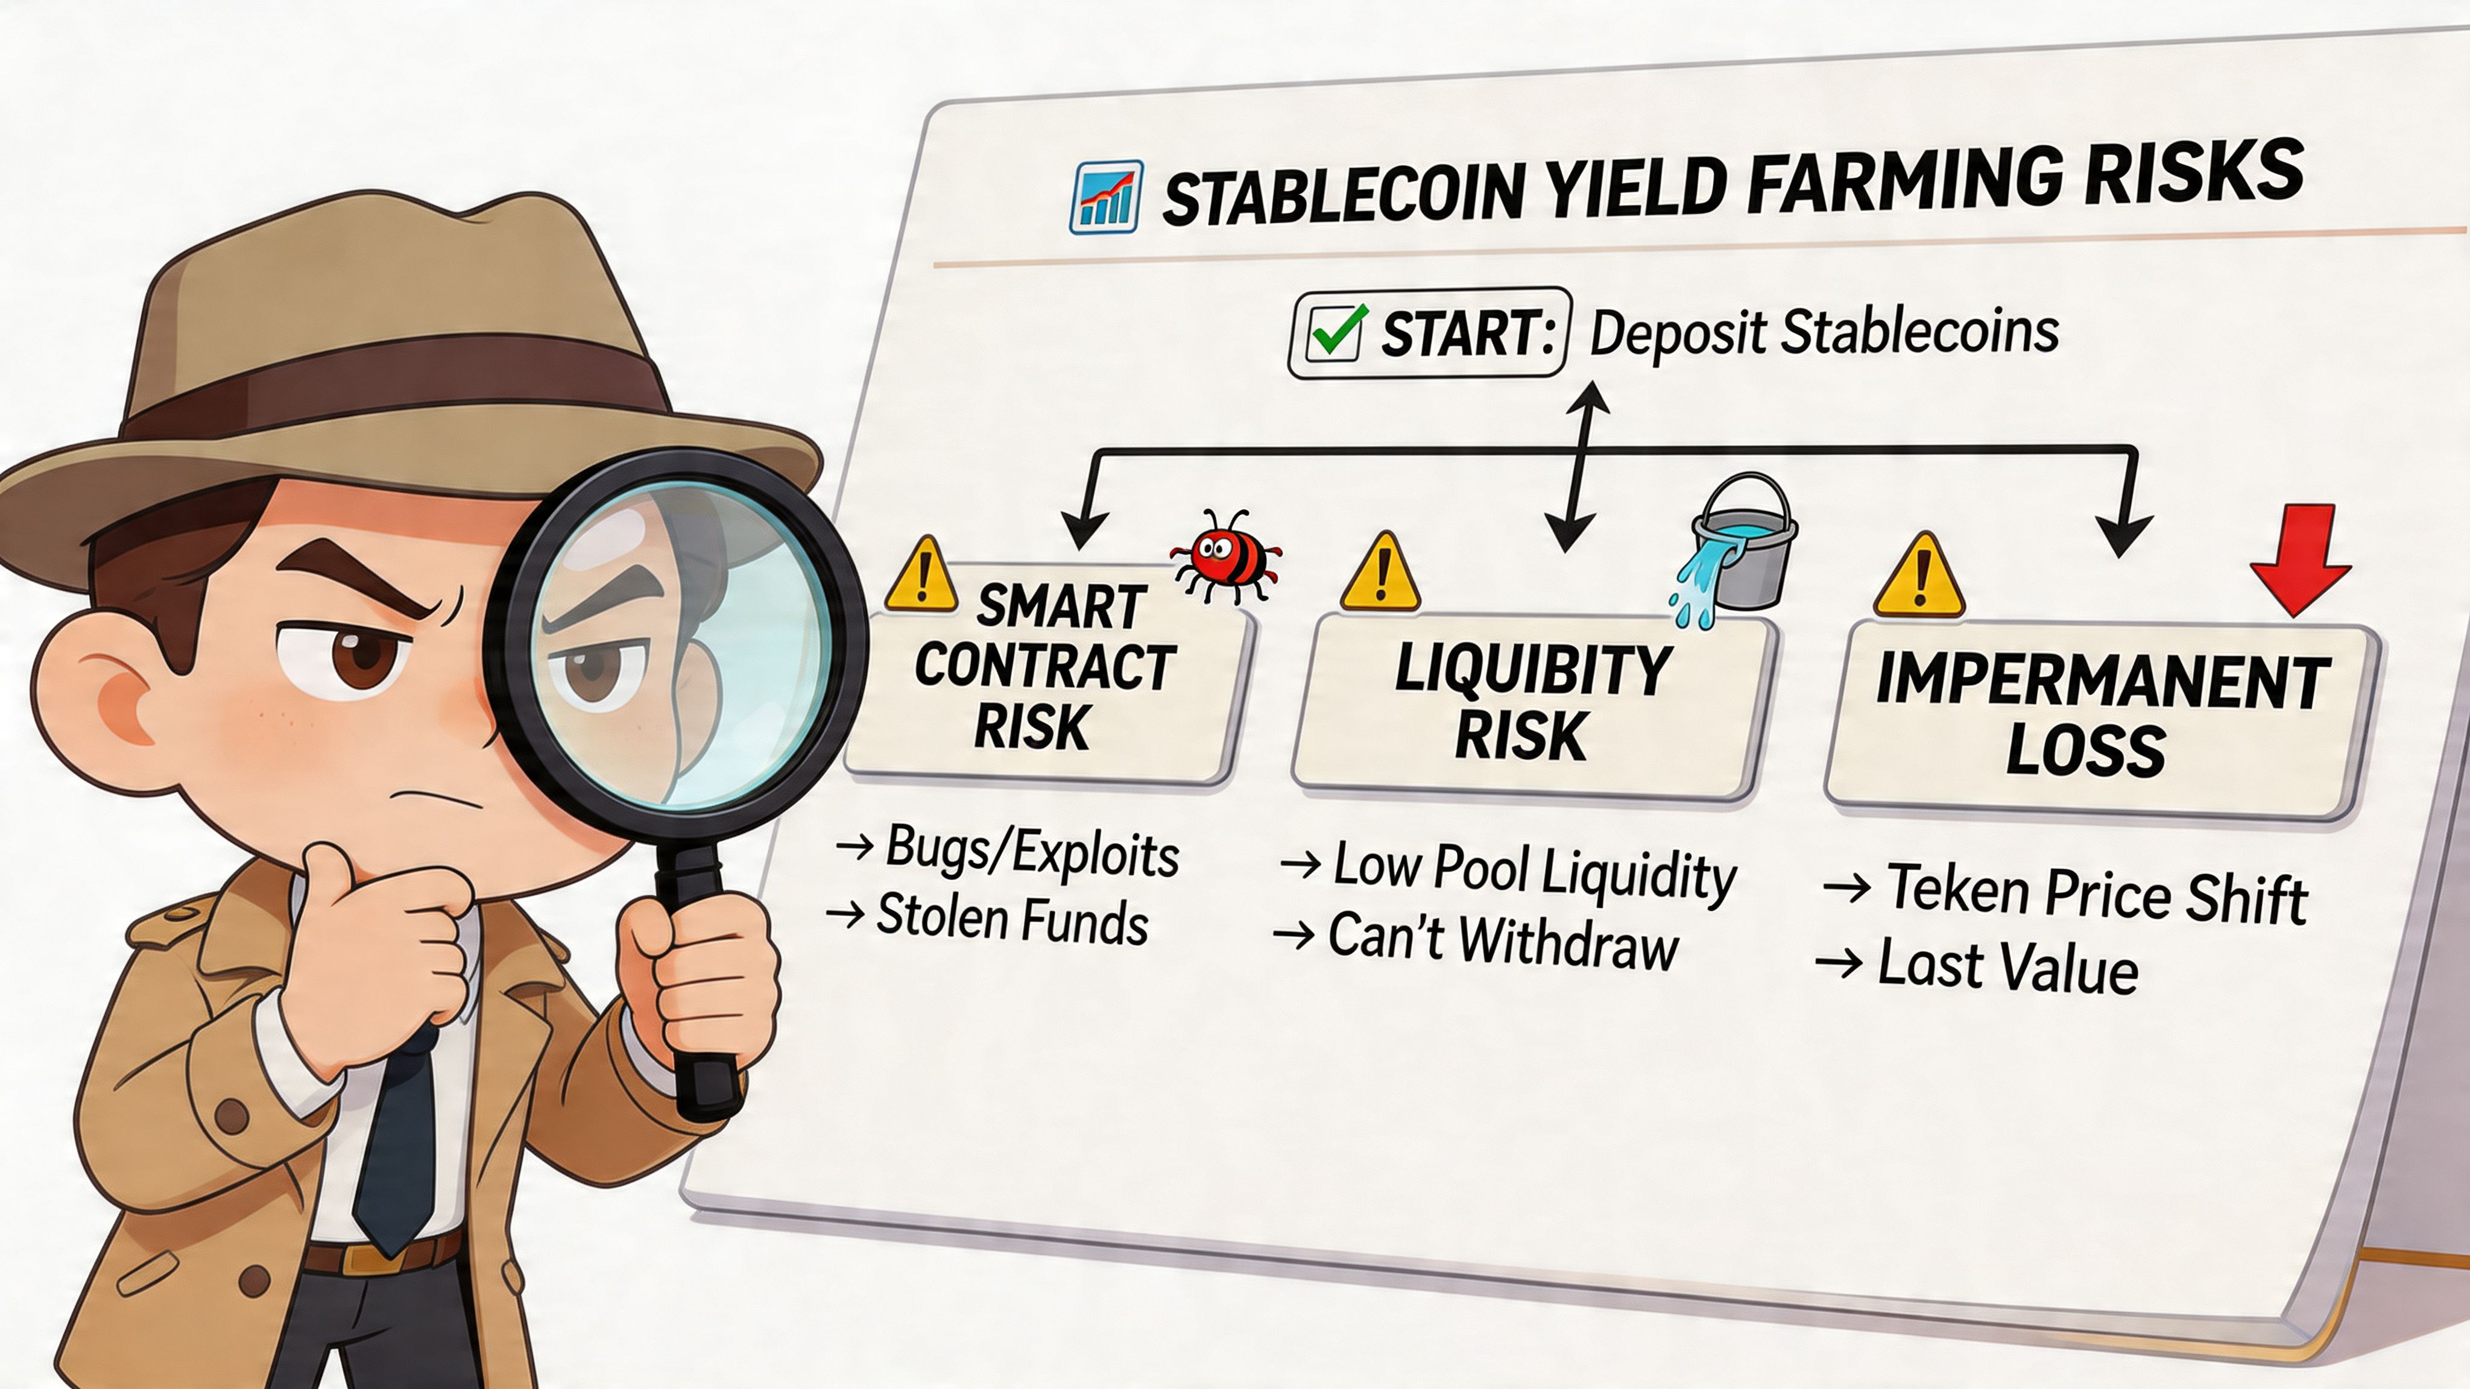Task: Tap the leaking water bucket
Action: (x=1740, y=546)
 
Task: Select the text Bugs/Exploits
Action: (x=1031, y=851)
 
